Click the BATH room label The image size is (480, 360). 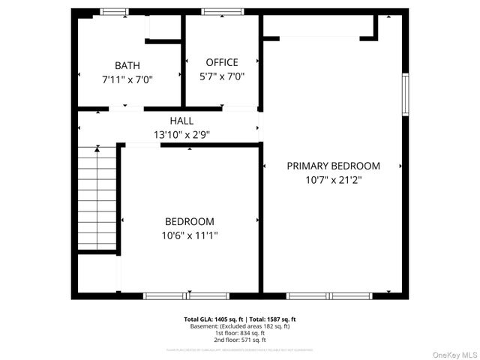pos(127,66)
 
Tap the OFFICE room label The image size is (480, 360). pos(221,62)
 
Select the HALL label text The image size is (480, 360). pos(181,121)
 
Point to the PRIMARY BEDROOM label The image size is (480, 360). pos(333,166)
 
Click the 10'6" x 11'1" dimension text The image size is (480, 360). pos(189,235)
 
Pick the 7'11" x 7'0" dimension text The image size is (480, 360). pos(127,79)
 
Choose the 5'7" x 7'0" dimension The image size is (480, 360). pos(221,76)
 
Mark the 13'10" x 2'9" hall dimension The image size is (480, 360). pos(181,135)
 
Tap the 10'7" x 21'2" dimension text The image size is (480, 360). pos(333,180)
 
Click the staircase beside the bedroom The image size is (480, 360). pos(98,199)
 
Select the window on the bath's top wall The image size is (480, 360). pos(115,11)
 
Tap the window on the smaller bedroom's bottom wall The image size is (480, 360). pos(175,295)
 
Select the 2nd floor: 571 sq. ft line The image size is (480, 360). pos(240,340)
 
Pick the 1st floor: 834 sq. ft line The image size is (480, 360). pos(240,333)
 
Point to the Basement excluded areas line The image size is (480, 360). pos(240,326)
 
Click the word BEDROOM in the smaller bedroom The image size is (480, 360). pos(189,221)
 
